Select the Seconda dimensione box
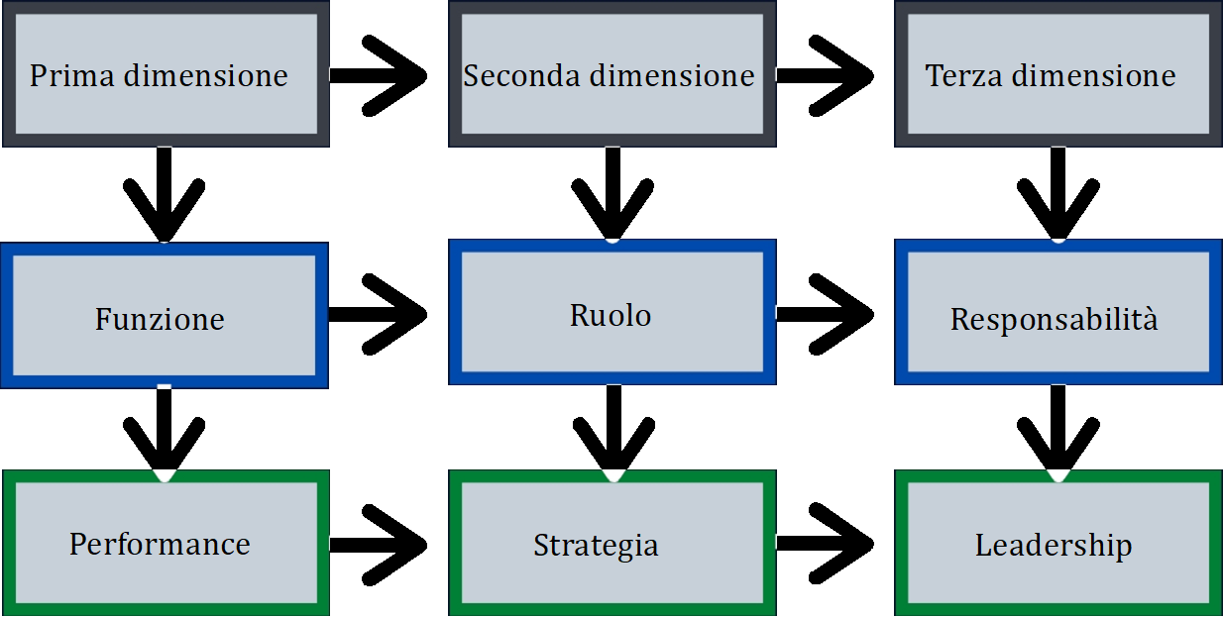pyautogui.click(x=611, y=75)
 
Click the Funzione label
pyautogui.click(x=160, y=319)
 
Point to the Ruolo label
pyautogui.click(x=611, y=315)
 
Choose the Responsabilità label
pyautogui.click(x=1054, y=319)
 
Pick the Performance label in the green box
pyautogui.click(x=160, y=544)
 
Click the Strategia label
pyautogui.click(x=596, y=545)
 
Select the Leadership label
pyautogui.click(x=1054, y=545)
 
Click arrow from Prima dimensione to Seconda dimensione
pyautogui.click(x=382, y=75)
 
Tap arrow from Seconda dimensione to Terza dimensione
pyautogui.click(x=829, y=75)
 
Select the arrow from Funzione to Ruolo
pyautogui.click(x=382, y=314)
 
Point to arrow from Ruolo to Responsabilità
pyautogui.click(x=829, y=314)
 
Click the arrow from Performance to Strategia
pyautogui.click(x=382, y=544)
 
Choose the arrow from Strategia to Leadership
pyautogui.click(x=829, y=543)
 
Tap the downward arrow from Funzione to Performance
pyautogui.click(x=165, y=431)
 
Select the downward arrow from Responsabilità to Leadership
pyautogui.click(x=1057, y=431)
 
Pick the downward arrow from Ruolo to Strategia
pyautogui.click(x=612, y=431)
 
